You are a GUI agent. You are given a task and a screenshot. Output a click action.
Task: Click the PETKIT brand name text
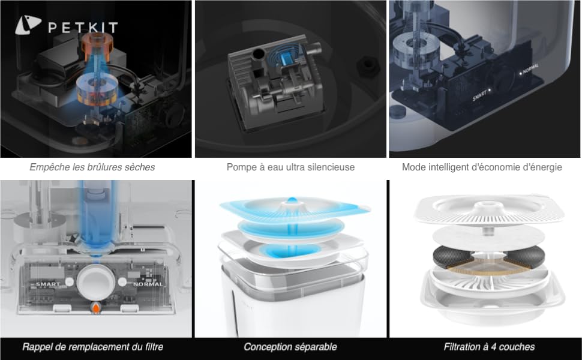[x=83, y=28]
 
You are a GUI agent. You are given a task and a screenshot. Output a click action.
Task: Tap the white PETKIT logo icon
[x=28, y=25]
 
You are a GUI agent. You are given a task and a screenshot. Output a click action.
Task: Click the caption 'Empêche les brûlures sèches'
[x=92, y=167]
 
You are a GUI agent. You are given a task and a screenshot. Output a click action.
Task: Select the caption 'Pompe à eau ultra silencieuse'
[x=290, y=167]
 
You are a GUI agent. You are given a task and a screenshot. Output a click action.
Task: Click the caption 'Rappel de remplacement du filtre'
[x=93, y=347]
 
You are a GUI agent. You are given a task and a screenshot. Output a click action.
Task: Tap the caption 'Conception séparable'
[x=290, y=347]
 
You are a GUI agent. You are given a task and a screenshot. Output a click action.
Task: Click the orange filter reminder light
[x=96, y=307]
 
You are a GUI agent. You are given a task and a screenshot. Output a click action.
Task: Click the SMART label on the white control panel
[x=48, y=284]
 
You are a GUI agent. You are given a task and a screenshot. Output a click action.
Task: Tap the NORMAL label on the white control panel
[x=148, y=284]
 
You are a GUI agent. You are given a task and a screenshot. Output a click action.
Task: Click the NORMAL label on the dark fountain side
[x=531, y=68]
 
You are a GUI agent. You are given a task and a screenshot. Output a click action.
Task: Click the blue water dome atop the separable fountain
[x=292, y=200]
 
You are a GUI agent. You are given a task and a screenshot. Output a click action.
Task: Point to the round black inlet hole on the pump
[x=259, y=54]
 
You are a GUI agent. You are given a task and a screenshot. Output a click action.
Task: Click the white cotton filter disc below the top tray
[x=488, y=237]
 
